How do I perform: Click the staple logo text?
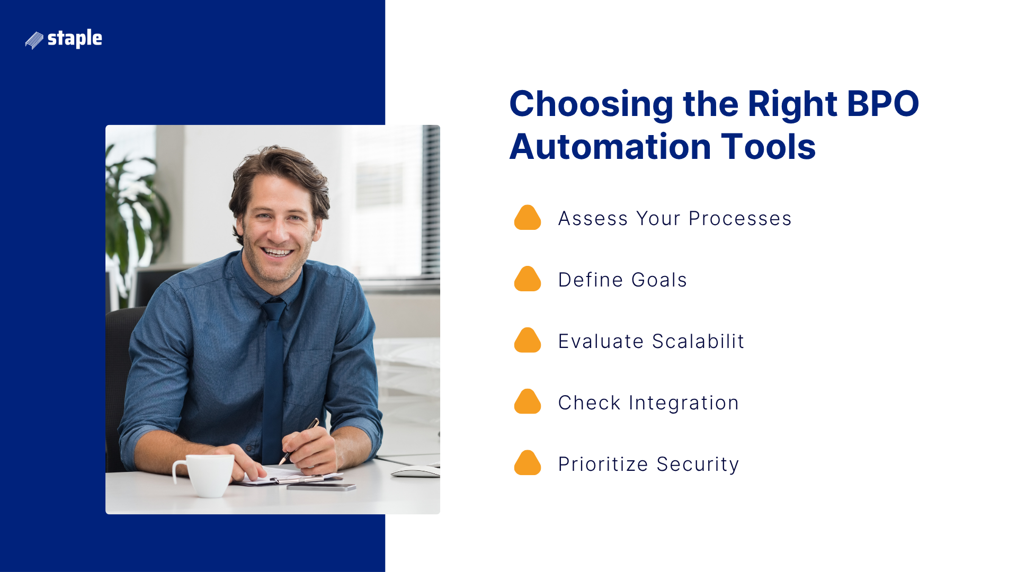click(x=75, y=39)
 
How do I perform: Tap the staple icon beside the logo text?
click(x=34, y=40)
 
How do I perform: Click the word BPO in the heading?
click(x=882, y=104)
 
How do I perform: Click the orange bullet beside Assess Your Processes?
click(x=527, y=218)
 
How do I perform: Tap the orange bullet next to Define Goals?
click(x=527, y=279)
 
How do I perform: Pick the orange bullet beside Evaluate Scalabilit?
click(x=527, y=341)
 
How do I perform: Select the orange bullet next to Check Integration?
click(x=527, y=402)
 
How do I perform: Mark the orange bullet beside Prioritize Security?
click(x=527, y=463)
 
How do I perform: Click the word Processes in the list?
click(x=740, y=219)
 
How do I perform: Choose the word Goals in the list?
click(x=659, y=280)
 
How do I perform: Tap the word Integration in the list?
click(x=683, y=403)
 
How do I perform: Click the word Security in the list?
click(x=698, y=464)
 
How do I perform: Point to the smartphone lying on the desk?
click(x=321, y=487)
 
